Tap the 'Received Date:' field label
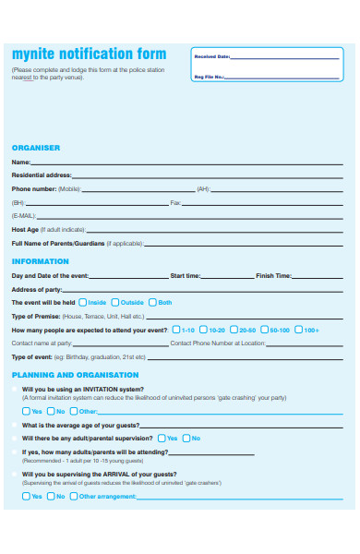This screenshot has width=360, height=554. coord(211,56)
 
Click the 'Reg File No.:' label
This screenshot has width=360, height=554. coord(210,77)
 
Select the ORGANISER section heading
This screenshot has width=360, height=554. coord(35,147)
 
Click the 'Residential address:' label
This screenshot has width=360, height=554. coord(41,175)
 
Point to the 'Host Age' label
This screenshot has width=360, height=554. coord(25,229)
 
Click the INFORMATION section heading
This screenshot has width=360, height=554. coord(40,260)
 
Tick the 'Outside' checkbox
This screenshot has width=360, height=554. coord(115,302)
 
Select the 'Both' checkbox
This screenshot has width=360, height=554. coord(152,302)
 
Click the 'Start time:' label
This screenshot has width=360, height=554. coord(185,275)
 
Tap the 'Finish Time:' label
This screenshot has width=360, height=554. coord(273,275)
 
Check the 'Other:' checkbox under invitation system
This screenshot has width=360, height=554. coord(74,411)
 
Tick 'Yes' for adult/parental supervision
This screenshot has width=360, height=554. coord(162,438)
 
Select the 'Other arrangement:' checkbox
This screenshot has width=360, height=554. coord(74,496)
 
